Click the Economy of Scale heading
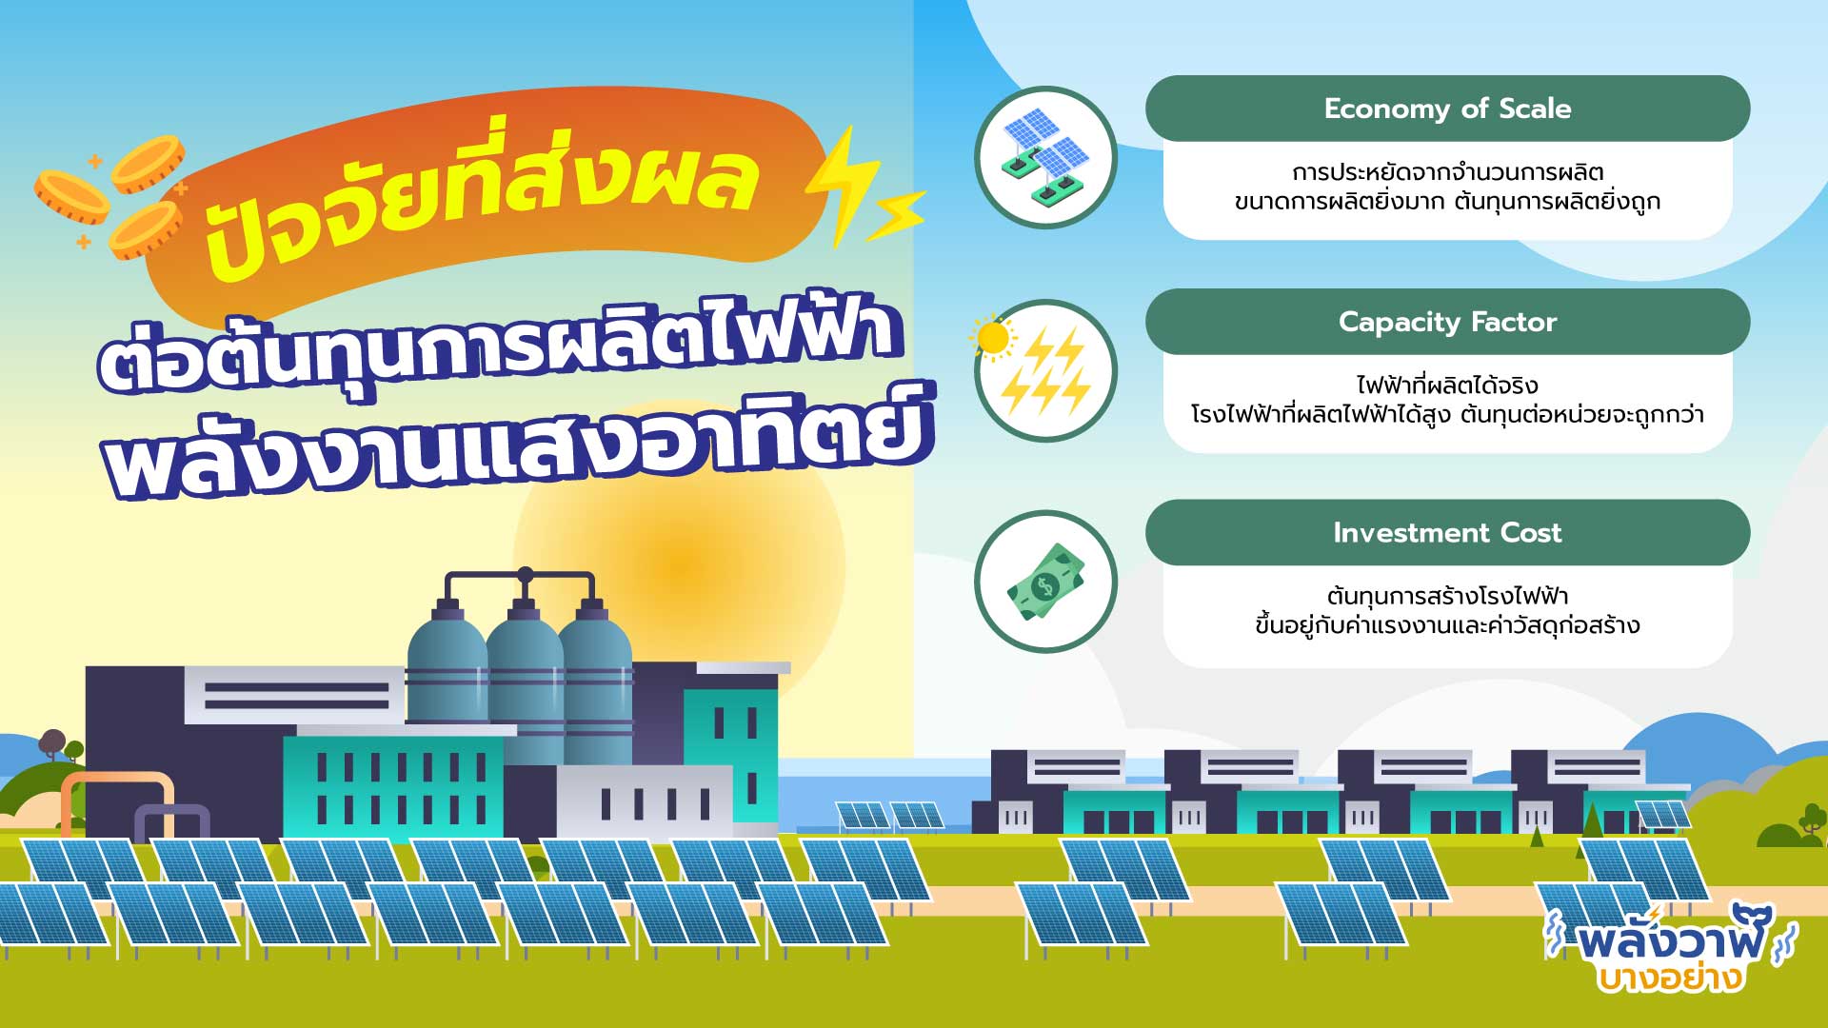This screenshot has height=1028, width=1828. click(x=1447, y=109)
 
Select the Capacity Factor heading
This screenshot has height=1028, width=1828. click(x=1447, y=322)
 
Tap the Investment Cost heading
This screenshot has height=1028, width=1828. click(x=1447, y=532)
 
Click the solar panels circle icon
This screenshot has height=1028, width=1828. click(x=1045, y=157)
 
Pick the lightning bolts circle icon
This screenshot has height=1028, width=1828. click(x=1045, y=370)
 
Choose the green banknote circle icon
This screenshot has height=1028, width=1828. click(x=1045, y=582)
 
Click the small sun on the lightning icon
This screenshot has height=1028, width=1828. click(x=993, y=338)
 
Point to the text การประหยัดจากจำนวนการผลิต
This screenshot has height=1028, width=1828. click(x=1447, y=172)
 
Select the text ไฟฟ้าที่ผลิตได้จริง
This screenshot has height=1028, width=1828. click(x=1447, y=385)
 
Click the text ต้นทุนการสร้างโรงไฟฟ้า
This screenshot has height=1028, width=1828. click(x=1447, y=597)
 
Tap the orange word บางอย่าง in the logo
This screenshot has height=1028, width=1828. click(x=1670, y=977)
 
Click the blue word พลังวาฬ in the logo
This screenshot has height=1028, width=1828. click(x=1671, y=937)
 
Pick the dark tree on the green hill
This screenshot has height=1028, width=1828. click(x=52, y=743)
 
